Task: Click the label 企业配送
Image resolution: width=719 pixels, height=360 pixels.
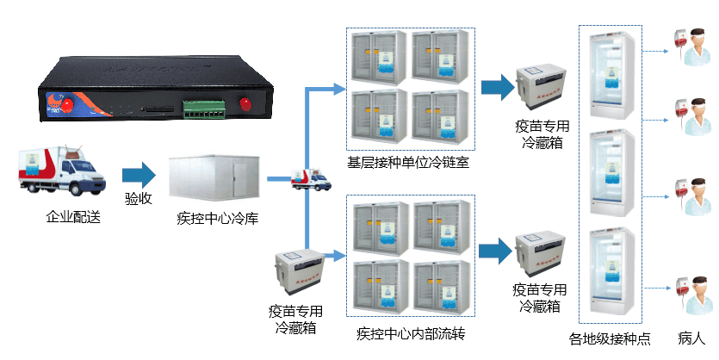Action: point(73,217)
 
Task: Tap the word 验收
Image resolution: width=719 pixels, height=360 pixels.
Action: point(139,199)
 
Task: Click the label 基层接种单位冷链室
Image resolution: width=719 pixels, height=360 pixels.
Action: point(408,162)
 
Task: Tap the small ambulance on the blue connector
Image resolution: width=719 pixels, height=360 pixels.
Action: point(311,179)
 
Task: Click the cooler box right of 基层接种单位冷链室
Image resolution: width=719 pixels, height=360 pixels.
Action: point(541,90)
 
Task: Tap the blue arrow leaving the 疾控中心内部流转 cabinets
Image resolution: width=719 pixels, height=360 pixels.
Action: point(495,251)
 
